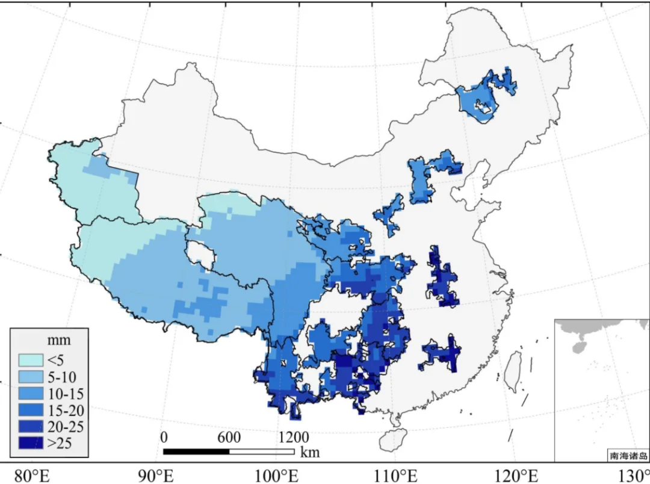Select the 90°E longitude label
(x=156, y=475)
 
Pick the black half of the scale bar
(x=196, y=451)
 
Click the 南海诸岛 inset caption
(x=628, y=456)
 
